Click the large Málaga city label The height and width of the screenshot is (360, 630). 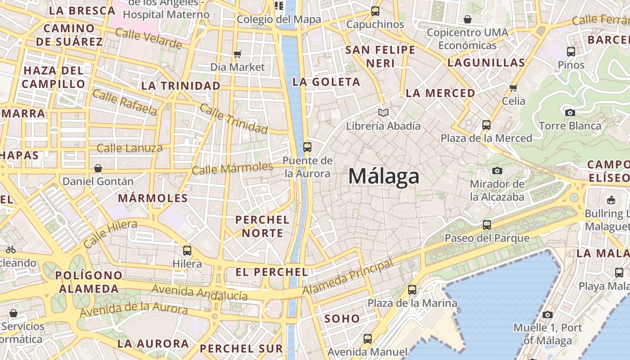point(384,176)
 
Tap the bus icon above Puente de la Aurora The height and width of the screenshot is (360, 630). point(307,147)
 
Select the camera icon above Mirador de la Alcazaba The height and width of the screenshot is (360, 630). point(497,171)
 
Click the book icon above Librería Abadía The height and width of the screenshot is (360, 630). point(383,112)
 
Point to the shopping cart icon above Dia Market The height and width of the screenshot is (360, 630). point(238,54)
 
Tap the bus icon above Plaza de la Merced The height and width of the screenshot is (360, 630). point(486,125)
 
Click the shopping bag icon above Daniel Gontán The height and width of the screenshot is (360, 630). point(98,168)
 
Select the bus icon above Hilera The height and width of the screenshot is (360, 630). point(187,250)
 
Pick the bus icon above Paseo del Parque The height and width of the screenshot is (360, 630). point(487,225)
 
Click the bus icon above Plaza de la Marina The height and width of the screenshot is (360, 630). point(412,290)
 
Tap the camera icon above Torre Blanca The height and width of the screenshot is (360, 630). point(570,112)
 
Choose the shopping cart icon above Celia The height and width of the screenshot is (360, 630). point(513,87)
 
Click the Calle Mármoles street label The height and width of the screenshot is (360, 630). point(232,168)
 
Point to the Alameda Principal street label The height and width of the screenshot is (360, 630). point(347,277)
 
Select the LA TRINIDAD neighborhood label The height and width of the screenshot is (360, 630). point(181,85)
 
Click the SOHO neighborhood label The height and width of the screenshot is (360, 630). point(342,319)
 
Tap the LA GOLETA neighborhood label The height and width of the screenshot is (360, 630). point(326,82)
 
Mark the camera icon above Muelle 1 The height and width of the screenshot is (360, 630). point(548,315)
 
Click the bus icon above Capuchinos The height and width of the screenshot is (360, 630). point(375,11)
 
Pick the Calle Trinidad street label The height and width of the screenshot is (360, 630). point(234,119)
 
